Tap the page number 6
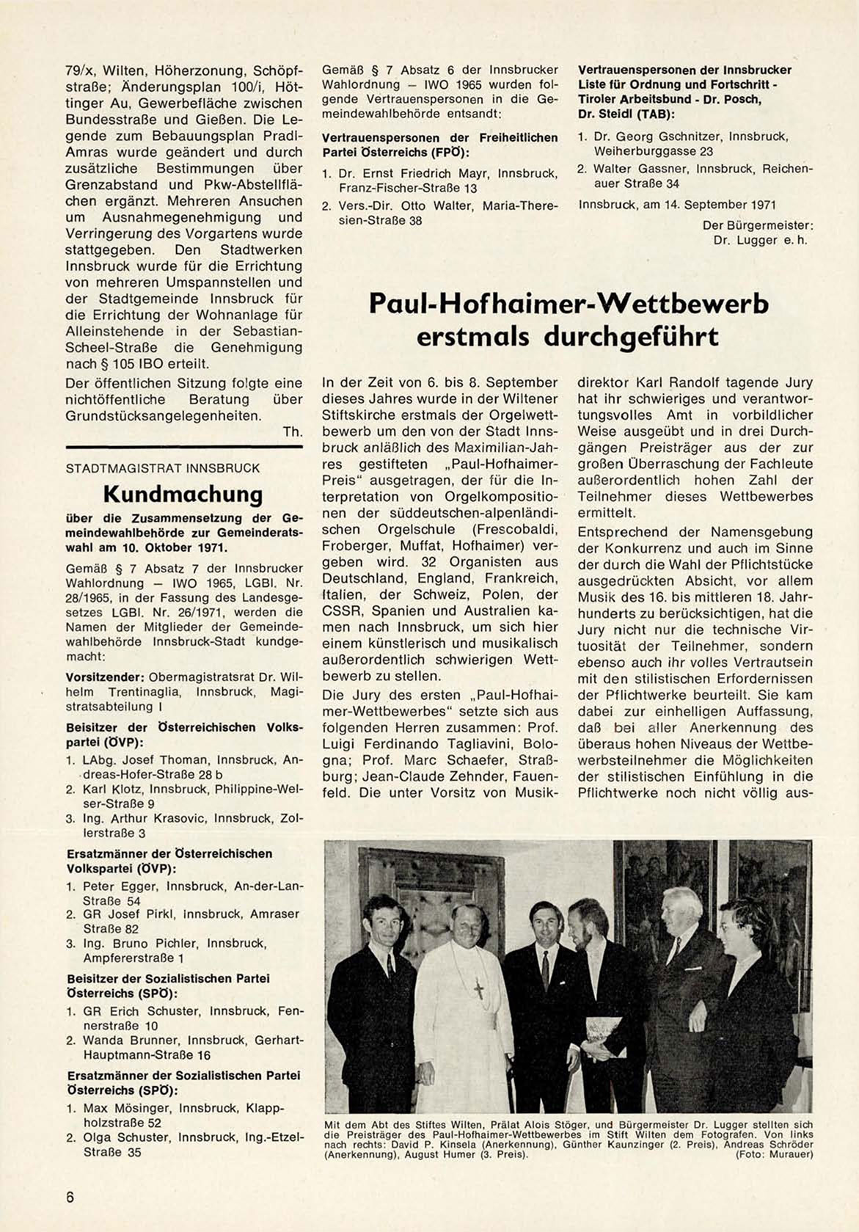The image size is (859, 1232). pyautogui.click(x=70, y=1196)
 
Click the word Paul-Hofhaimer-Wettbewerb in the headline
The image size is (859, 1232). pyautogui.click(x=569, y=303)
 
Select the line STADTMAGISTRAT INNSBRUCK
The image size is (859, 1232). pyautogui.click(x=163, y=467)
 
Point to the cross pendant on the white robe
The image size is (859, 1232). pyautogui.click(x=480, y=989)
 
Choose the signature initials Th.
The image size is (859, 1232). pyautogui.click(x=293, y=432)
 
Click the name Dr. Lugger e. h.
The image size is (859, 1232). pyautogui.click(x=760, y=240)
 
